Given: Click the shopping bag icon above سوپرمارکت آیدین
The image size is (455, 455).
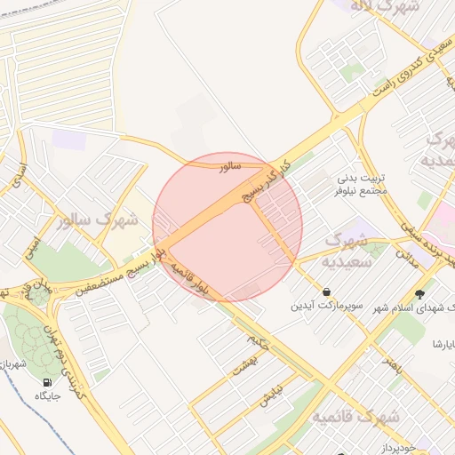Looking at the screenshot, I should [327, 291].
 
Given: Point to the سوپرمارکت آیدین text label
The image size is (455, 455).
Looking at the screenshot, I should [327, 306].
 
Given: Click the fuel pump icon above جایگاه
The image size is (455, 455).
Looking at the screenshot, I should [45, 383].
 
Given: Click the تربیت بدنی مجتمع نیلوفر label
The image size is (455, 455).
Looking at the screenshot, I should [360, 184].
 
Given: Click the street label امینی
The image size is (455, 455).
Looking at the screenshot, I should [33, 240].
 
